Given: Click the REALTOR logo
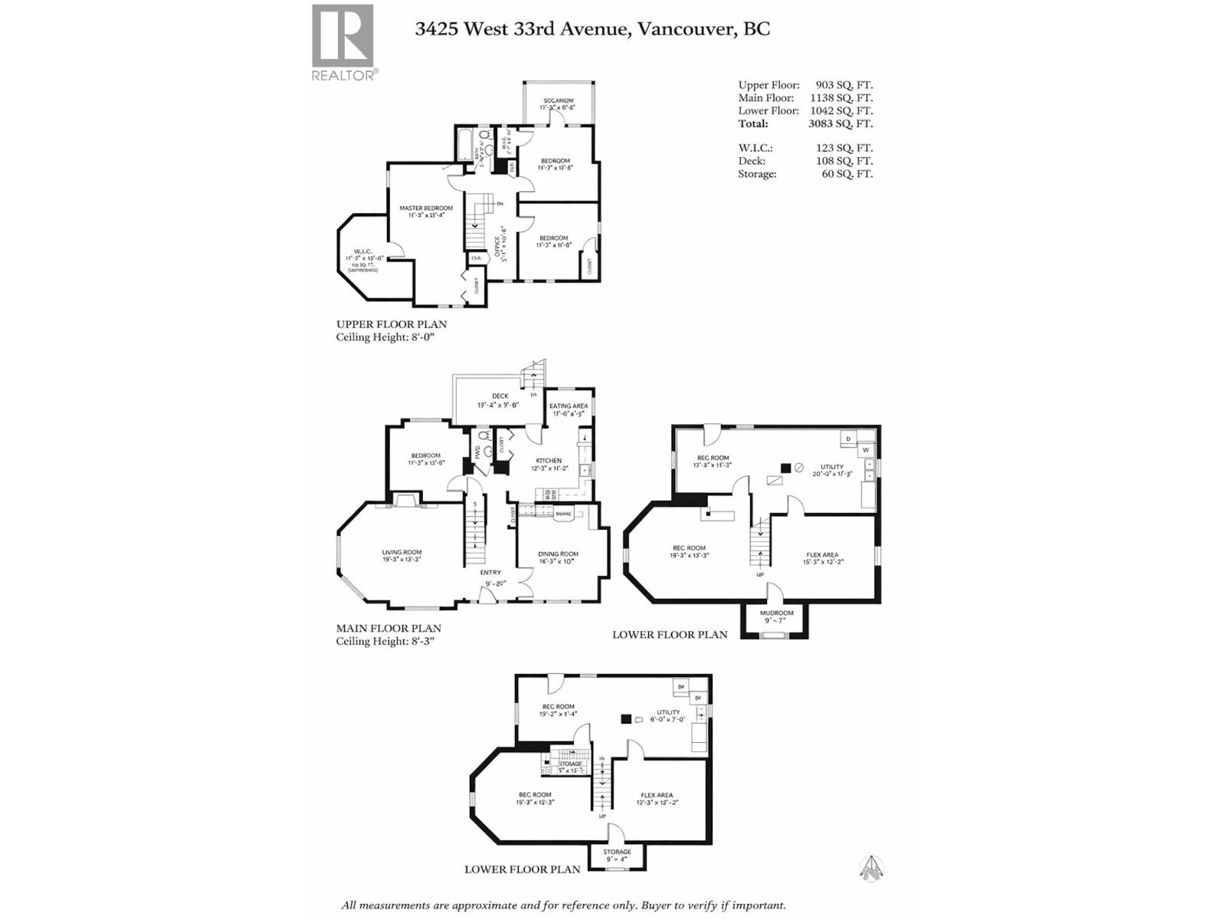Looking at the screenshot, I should [x=343, y=42].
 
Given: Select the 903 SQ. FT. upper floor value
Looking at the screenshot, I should [x=844, y=85].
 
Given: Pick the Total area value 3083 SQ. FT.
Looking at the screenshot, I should [x=840, y=123].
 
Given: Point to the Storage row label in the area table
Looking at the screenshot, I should [x=757, y=174].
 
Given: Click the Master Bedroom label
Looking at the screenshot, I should [x=426, y=208].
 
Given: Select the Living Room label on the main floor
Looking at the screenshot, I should [x=402, y=552].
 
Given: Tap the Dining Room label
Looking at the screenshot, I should [x=558, y=554].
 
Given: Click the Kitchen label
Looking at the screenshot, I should [x=549, y=460].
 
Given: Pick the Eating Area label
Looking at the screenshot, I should [x=569, y=406].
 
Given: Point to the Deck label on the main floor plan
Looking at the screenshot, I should [x=500, y=396].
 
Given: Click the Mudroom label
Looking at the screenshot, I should [x=776, y=613].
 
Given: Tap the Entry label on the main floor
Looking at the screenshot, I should [x=490, y=572].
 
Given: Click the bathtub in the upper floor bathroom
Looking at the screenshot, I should [x=464, y=145].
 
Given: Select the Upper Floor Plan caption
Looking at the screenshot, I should [x=391, y=324].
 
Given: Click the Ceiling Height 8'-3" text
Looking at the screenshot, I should [x=385, y=641].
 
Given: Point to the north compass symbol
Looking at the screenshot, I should [x=870, y=868].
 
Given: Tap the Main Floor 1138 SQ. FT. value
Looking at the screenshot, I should [x=841, y=98].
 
